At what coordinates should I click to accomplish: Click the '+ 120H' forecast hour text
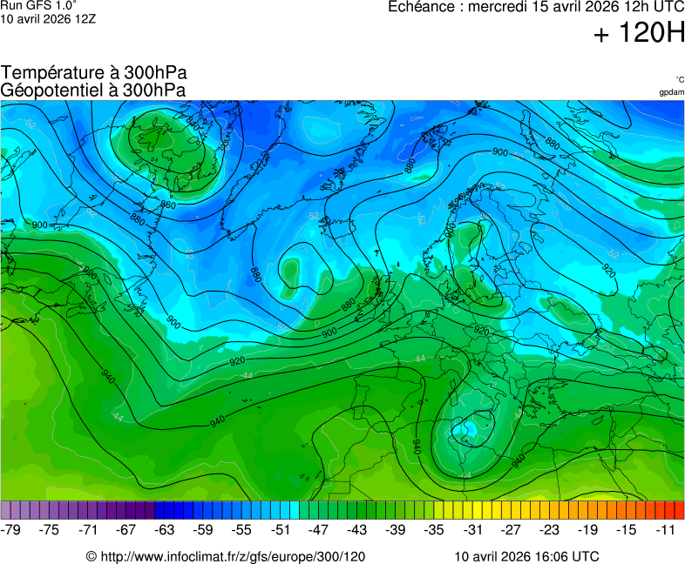click(x=639, y=34)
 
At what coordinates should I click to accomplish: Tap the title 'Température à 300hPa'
click(x=94, y=73)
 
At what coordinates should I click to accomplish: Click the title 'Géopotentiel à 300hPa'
click(x=93, y=90)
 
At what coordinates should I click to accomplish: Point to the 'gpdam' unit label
click(x=671, y=92)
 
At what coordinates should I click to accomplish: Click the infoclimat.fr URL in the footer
click(x=226, y=556)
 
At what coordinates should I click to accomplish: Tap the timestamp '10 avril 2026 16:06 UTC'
click(x=526, y=556)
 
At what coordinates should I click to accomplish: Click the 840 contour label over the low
click(x=193, y=124)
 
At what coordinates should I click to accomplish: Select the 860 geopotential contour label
click(x=168, y=205)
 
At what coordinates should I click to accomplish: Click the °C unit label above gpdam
click(x=679, y=79)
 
